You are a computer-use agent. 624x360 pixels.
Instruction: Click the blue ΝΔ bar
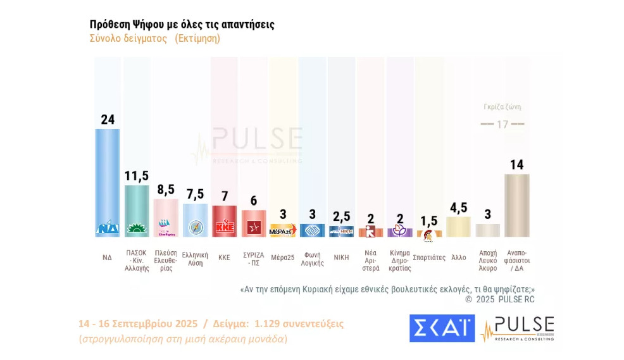[108, 177]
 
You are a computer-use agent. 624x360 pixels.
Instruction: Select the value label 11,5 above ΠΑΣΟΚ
[137, 175]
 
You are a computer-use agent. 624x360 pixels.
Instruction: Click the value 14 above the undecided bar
[516, 164]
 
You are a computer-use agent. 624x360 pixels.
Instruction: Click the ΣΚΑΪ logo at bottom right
[442, 328]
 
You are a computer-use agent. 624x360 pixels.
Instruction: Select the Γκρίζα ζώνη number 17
[502, 124]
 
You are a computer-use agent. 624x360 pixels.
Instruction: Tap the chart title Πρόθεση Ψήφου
[182, 25]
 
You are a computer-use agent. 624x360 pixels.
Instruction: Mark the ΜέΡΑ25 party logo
[283, 231]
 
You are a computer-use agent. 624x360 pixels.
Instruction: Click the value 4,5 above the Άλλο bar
[458, 208]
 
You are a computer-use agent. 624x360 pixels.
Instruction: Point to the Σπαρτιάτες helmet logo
[428, 235]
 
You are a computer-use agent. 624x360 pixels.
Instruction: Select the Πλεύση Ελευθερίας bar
[166, 218]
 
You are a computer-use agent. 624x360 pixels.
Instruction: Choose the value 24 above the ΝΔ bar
[108, 119]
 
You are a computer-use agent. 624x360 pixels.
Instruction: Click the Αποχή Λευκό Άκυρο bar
[487, 230]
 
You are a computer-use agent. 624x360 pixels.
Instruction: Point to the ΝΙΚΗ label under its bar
[341, 258]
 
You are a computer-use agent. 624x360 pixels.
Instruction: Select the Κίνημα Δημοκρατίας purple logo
[399, 232]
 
